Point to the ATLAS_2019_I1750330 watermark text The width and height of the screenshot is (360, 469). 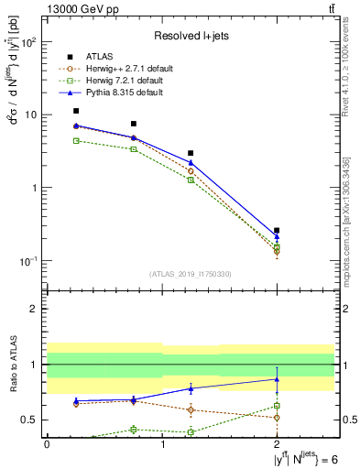[x=191, y=273]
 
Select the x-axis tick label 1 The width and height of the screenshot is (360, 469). [x=162, y=443]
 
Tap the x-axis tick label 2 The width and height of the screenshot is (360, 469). [x=277, y=443]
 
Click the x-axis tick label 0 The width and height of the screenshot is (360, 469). [x=47, y=443]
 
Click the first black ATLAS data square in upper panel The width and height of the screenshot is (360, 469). [x=76, y=111]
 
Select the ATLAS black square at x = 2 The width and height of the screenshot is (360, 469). [x=277, y=231]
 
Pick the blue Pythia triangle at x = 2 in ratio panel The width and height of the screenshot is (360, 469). [x=277, y=378]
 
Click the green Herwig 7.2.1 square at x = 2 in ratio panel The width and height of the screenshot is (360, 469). [x=277, y=405]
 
